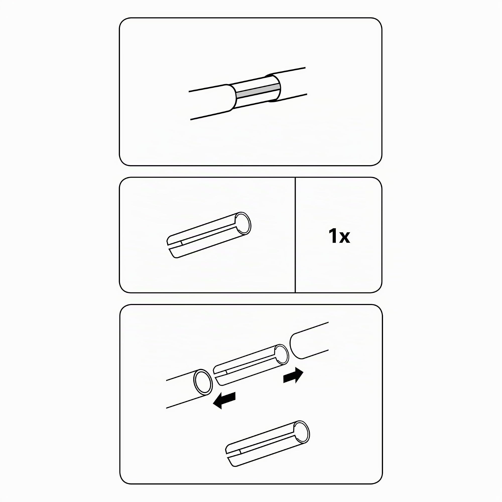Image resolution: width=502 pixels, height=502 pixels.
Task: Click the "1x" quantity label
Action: [x=339, y=236]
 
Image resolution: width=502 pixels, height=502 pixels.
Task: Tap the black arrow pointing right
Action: [x=293, y=376]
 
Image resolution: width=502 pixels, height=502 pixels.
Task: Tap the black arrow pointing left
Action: [x=224, y=400]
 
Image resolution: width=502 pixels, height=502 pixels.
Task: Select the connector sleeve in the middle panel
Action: [x=209, y=235]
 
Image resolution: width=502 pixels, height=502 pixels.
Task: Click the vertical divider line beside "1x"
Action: [x=295, y=235]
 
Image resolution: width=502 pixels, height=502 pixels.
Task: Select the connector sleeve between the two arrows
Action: [x=251, y=365]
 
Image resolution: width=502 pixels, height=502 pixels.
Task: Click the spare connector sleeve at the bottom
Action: [x=268, y=443]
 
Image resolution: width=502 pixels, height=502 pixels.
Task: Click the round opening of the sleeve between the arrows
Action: [x=281, y=355]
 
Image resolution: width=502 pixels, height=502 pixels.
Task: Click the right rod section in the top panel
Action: [x=288, y=84]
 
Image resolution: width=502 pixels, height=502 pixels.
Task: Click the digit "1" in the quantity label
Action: [x=333, y=236]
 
